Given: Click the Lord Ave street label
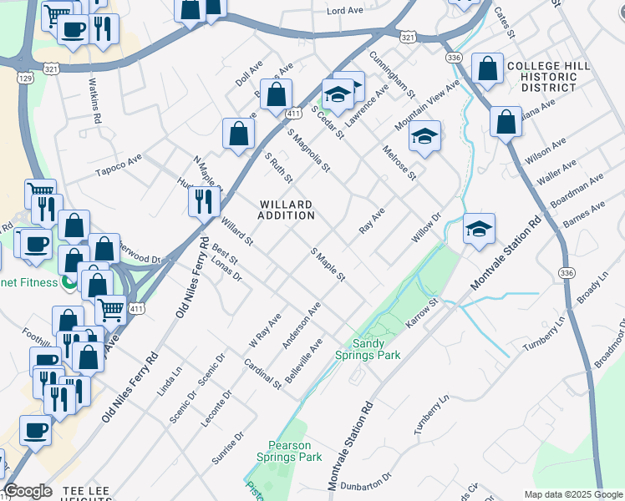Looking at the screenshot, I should [344, 11].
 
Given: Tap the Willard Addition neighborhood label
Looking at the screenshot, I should [287, 210].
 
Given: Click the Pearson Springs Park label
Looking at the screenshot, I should [295, 451].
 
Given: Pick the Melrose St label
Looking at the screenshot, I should [399, 162].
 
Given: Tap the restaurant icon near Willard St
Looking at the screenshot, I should [203, 200].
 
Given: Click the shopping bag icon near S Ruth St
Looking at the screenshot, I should [239, 133].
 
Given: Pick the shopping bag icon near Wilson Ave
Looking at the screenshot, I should [506, 122].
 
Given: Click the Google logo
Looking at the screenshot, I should [28, 491].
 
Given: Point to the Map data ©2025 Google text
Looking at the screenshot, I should [572, 493].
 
